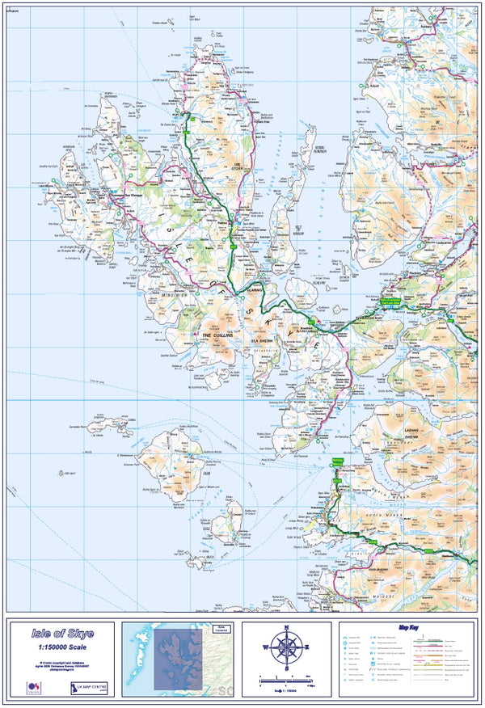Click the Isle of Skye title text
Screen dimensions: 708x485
(62, 634)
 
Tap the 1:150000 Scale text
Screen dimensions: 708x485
(62, 647)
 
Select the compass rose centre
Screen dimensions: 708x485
(286, 647)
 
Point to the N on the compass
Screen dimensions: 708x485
(286, 628)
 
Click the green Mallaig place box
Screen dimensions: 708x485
(338, 461)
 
